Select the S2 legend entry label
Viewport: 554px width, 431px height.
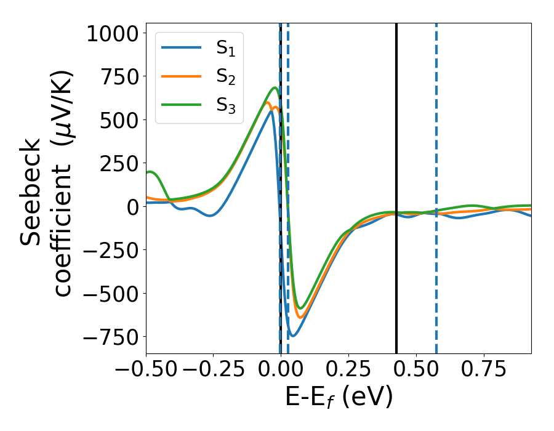[x=226, y=78]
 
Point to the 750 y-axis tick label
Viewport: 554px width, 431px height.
[x=121, y=77]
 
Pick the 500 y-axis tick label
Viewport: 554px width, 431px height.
[x=121, y=120]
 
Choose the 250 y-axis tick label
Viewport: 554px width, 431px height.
[x=121, y=164]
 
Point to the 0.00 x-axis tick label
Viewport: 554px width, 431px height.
[x=281, y=369]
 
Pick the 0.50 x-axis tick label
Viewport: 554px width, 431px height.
[x=416, y=369]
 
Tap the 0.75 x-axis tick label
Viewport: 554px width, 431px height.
[x=484, y=369]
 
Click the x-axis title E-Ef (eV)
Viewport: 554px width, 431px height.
[x=339, y=399]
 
